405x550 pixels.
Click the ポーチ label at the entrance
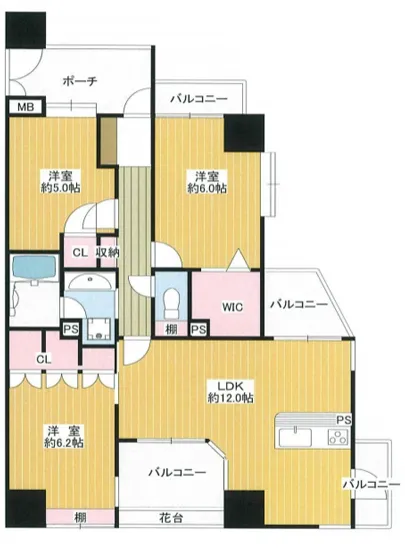[78, 81]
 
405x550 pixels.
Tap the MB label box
[22, 107]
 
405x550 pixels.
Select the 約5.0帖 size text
[56, 188]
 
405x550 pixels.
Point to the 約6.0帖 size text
[210, 187]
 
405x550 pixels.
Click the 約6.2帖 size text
[63, 441]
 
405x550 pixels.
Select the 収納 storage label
[108, 253]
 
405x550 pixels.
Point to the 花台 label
[173, 517]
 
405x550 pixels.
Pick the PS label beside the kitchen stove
[343, 419]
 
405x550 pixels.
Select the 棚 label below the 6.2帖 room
[79, 517]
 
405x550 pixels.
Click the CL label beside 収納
[80, 253]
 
